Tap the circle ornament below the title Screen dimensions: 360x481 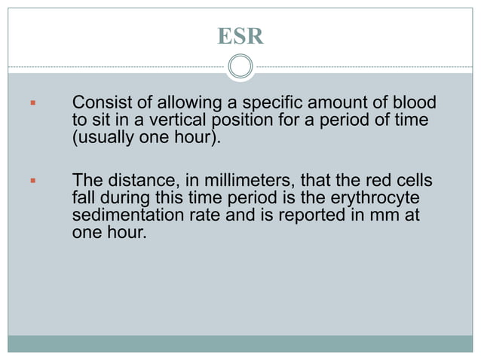coord(240,67)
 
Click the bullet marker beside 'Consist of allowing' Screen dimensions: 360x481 coord(32,103)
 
